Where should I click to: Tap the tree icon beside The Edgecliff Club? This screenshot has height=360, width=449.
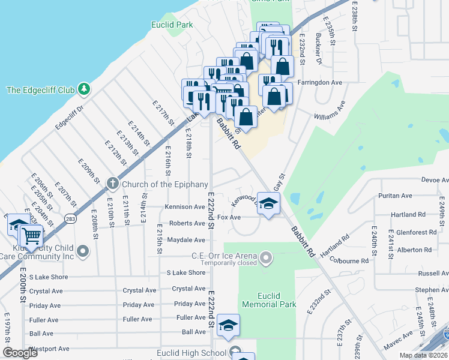pos(85,89)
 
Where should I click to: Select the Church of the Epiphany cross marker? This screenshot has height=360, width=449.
pos(112,183)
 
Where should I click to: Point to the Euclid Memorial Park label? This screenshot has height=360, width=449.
pos(269,300)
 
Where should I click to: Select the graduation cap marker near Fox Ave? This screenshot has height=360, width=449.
pos(268,202)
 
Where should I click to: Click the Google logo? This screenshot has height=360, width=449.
pos(20,353)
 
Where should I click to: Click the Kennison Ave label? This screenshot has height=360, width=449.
pos(186,207)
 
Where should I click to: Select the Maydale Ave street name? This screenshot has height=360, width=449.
pos(186,240)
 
